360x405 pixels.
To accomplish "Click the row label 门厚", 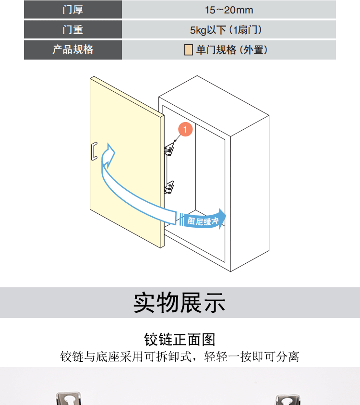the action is [73, 10].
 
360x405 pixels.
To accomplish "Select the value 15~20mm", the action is [229, 10].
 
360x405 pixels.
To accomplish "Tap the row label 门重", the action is [73, 29].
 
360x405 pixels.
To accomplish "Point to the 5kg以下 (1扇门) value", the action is [226, 30].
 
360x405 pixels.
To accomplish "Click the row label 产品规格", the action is [73, 49].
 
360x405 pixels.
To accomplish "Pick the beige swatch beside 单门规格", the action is [188, 50].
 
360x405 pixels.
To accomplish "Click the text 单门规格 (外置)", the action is [232, 50].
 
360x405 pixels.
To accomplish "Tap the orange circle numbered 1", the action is [185, 129].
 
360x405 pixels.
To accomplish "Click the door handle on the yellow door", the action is [94, 151].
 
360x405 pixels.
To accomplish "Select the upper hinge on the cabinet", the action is [169, 149].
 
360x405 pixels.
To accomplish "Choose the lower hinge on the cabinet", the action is [169, 187].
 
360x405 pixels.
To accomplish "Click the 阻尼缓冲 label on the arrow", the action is [203, 221].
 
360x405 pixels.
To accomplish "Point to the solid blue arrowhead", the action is [222, 219].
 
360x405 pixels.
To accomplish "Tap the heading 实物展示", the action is [180, 303].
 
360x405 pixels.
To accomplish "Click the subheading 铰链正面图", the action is [180, 339].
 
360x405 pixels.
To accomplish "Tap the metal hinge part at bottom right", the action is [288, 400].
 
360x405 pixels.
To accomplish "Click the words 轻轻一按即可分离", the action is [252, 356].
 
